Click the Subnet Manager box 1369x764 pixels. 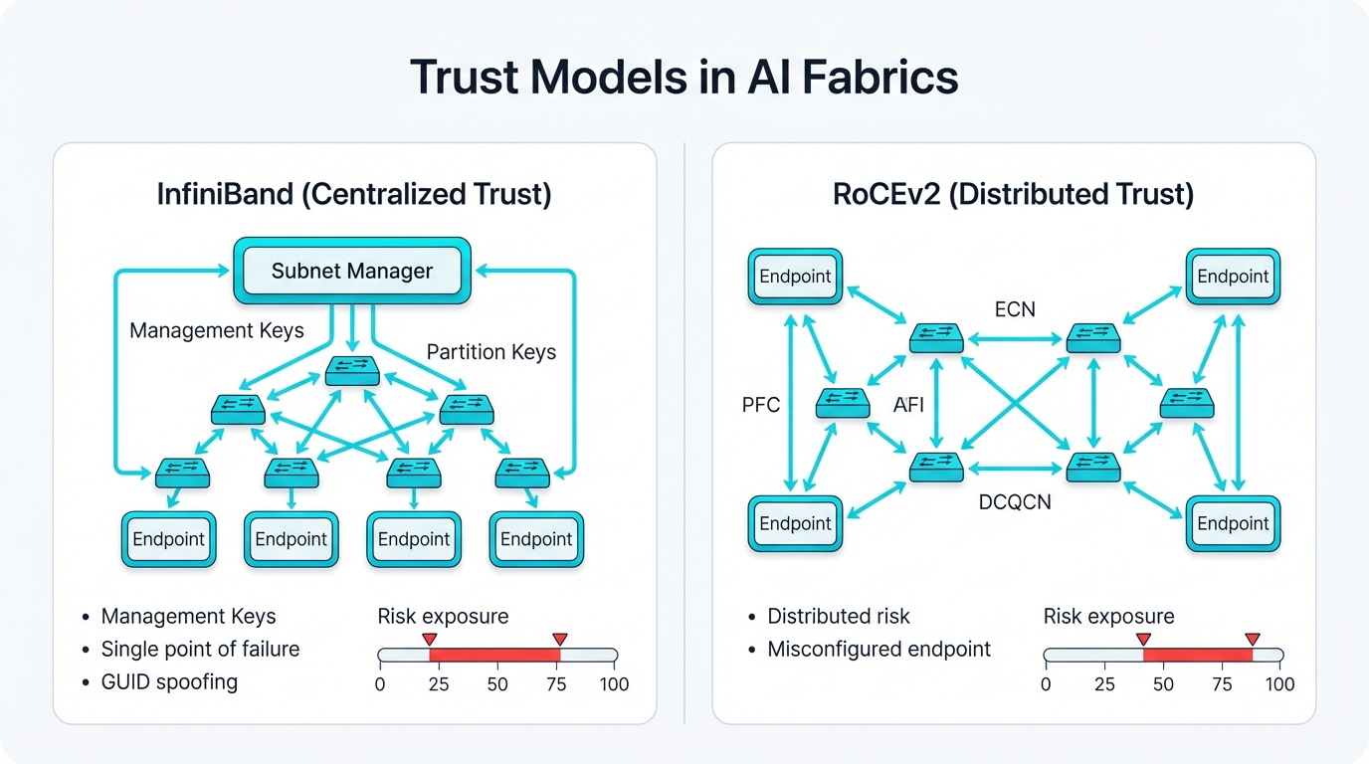[x=352, y=271]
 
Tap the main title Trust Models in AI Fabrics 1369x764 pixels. [x=684, y=78]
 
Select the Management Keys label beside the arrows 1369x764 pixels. [x=217, y=330]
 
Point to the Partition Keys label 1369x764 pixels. [x=490, y=352]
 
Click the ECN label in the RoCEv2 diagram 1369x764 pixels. [x=1015, y=309]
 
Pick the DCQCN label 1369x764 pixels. [x=1015, y=502]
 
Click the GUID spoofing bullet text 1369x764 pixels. [x=169, y=682]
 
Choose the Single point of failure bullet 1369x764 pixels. [x=200, y=650]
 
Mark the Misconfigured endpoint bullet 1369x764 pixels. [x=879, y=650]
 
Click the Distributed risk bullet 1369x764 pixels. [x=838, y=617]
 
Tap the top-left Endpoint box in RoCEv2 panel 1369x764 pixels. [x=795, y=277]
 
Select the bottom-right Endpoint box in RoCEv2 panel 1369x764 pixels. [x=1233, y=523]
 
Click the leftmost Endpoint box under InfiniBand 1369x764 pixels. [x=168, y=539]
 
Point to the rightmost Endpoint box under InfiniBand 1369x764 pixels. [x=536, y=539]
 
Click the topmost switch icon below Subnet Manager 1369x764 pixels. [x=352, y=372]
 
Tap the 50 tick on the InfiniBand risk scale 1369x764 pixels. [x=497, y=684]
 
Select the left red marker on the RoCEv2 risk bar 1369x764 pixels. [x=1143, y=639]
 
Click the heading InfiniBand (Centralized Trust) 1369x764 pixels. [x=353, y=193]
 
